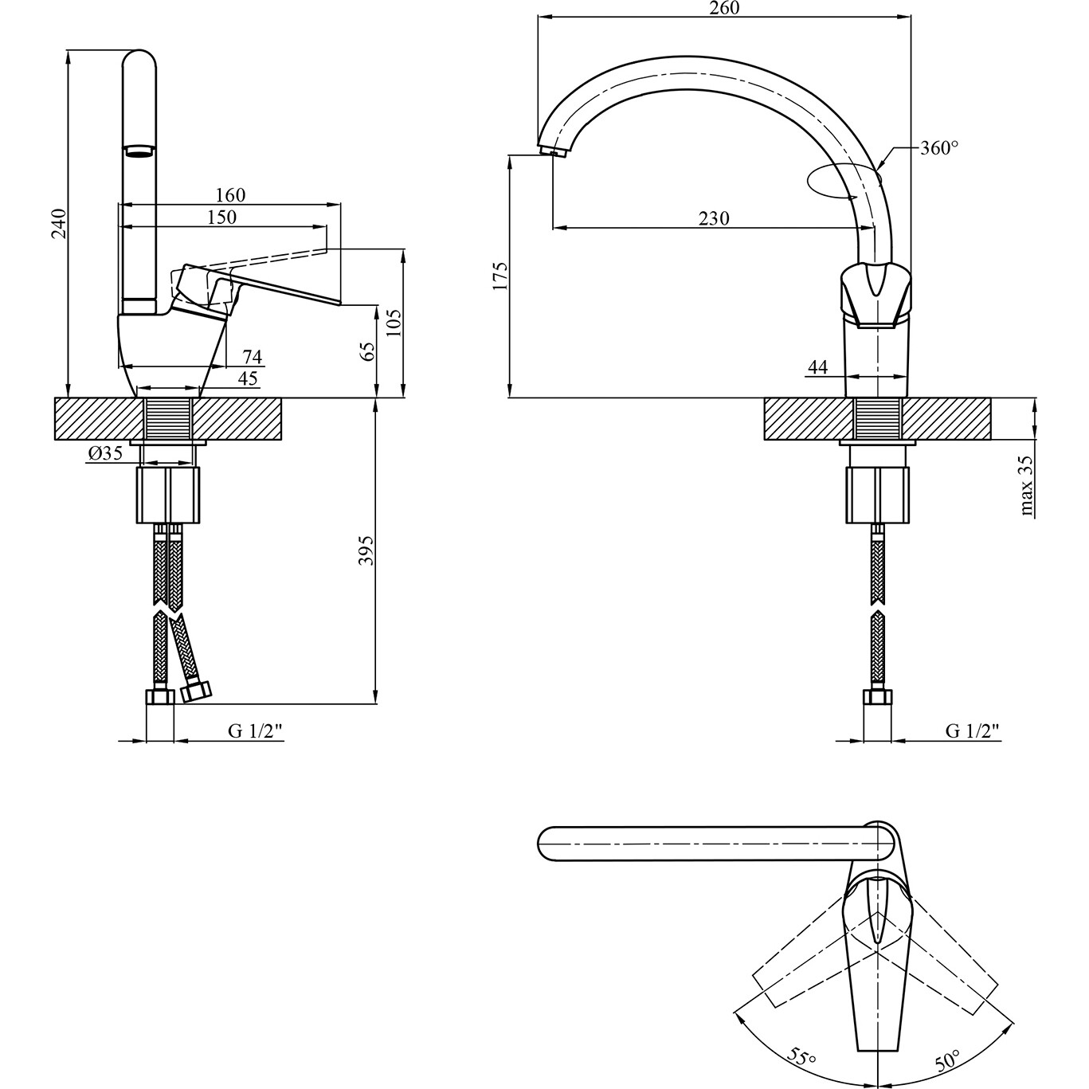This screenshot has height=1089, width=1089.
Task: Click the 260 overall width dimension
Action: [724, 8]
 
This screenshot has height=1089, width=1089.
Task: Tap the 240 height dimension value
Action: [60, 224]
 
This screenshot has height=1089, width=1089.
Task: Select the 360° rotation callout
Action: [939, 148]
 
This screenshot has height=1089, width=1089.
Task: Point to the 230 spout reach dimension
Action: [714, 217]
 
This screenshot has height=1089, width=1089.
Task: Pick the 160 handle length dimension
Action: [230, 195]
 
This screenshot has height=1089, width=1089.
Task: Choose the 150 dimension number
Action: [221, 217]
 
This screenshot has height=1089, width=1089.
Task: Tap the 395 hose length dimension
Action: [367, 550]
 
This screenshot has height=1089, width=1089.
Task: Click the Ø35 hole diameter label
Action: [106, 452]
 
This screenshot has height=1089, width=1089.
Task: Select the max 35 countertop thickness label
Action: [1026, 487]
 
